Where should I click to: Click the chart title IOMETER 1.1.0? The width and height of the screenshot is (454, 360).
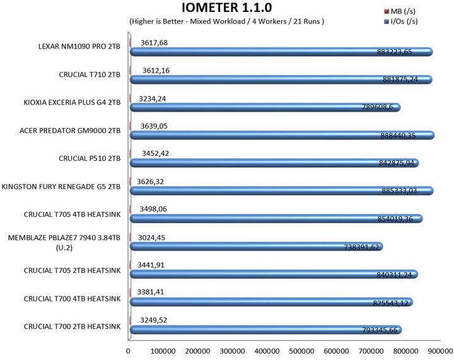[x=226, y=9]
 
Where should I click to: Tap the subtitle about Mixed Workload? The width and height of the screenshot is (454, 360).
[x=226, y=22]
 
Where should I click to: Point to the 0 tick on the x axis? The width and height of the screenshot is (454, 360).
[x=129, y=351]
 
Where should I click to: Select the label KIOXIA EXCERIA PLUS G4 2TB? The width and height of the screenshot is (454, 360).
[x=71, y=103]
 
